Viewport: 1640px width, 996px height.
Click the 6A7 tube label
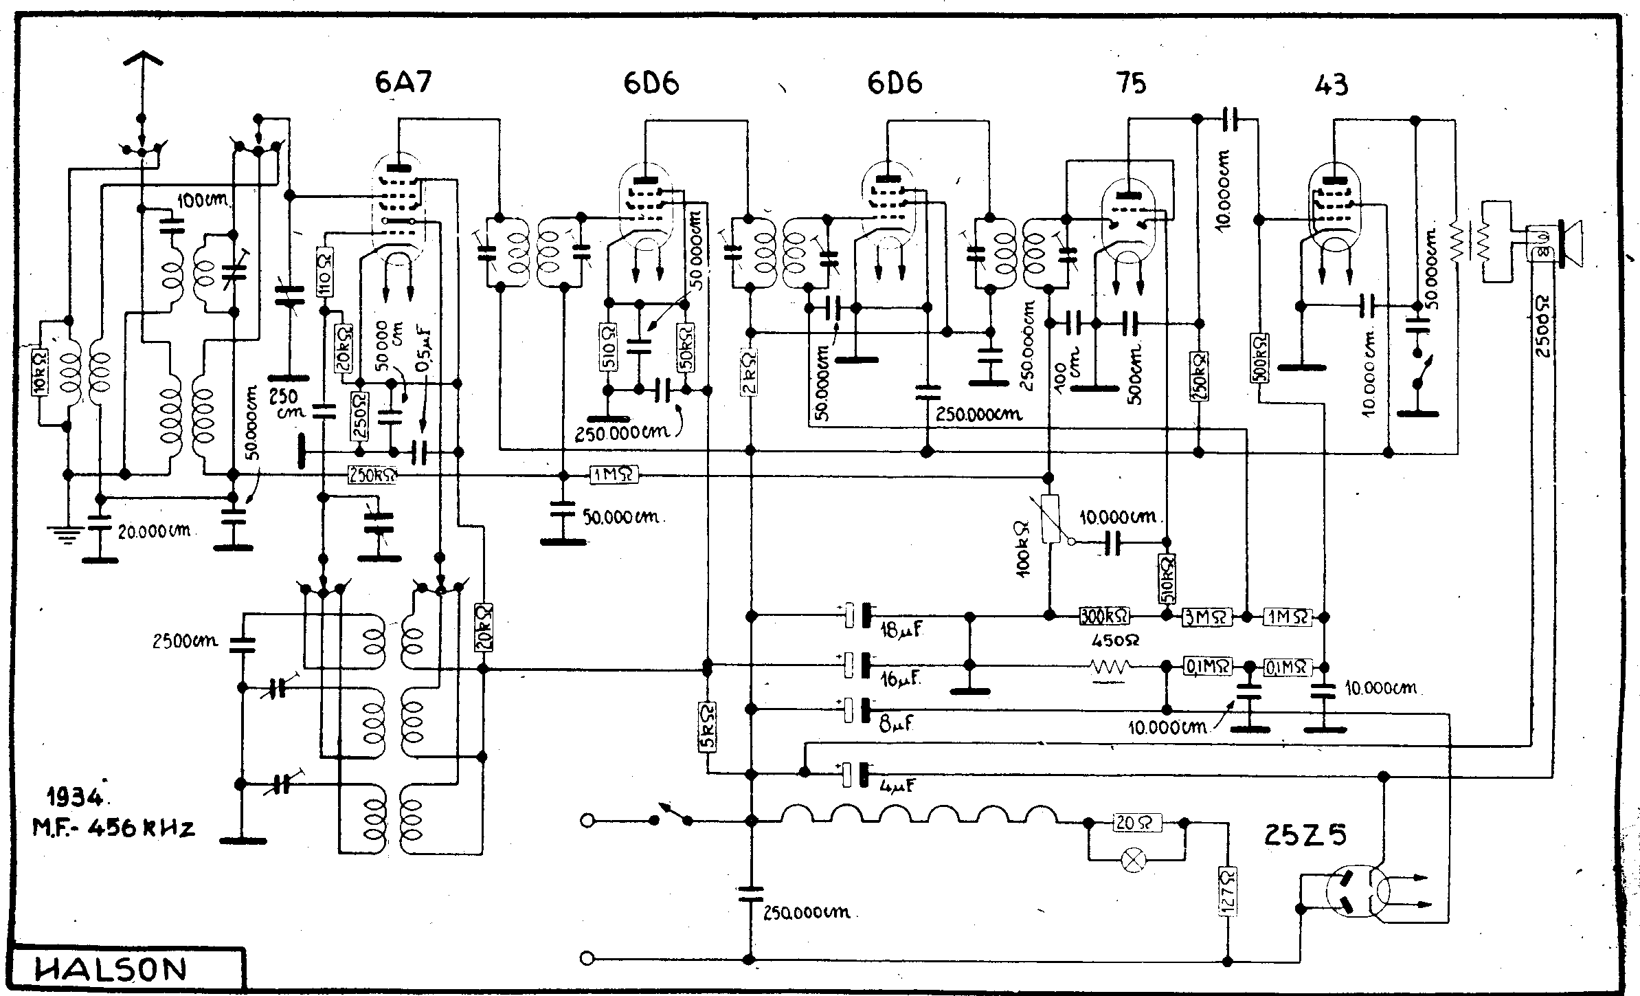[x=403, y=82]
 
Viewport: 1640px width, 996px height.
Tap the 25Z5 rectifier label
[x=1305, y=834]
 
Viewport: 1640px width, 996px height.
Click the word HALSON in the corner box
[x=111, y=970]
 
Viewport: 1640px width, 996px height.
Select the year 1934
[x=74, y=798]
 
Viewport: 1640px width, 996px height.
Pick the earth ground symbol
[x=66, y=533]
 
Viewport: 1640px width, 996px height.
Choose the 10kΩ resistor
[x=40, y=375]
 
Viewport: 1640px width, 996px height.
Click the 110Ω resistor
[x=325, y=272]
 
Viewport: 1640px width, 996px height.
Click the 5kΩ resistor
[x=708, y=727]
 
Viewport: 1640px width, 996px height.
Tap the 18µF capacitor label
[x=900, y=629]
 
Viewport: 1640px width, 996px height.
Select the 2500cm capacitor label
[x=185, y=641]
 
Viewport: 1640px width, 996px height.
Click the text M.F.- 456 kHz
[x=114, y=828]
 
